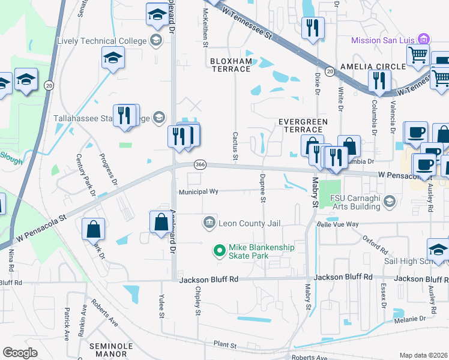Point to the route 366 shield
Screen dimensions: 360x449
(200, 164)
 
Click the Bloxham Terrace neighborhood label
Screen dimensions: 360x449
(231, 65)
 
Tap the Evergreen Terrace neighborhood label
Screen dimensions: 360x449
(303, 125)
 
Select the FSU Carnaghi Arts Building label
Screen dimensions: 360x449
(357, 202)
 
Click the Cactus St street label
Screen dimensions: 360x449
(235, 147)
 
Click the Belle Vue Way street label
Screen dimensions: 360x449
(337, 224)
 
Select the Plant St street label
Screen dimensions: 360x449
(225, 345)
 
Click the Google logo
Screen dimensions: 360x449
(20, 353)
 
